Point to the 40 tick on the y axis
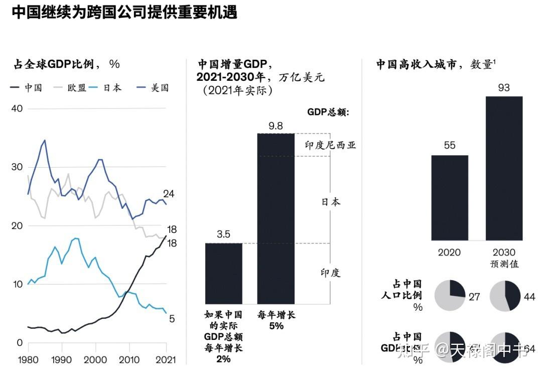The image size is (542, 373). click(x=17, y=108)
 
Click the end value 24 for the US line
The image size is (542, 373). click(x=168, y=194)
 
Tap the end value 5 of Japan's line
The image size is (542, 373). click(x=171, y=318)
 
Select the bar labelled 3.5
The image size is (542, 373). click(x=223, y=274)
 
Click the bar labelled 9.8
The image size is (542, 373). click(x=276, y=218)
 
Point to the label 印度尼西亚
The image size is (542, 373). click(x=330, y=145)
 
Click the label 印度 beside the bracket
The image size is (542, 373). click(x=330, y=273)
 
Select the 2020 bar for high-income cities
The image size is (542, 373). click(x=450, y=198)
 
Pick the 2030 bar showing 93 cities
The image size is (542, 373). click(x=504, y=168)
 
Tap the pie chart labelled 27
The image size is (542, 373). click(x=450, y=296)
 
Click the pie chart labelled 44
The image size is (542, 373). click(x=504, y=296)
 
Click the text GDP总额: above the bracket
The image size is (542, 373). click(x=328, y=112)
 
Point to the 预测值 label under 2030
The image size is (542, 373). click(x=504, y=264)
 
